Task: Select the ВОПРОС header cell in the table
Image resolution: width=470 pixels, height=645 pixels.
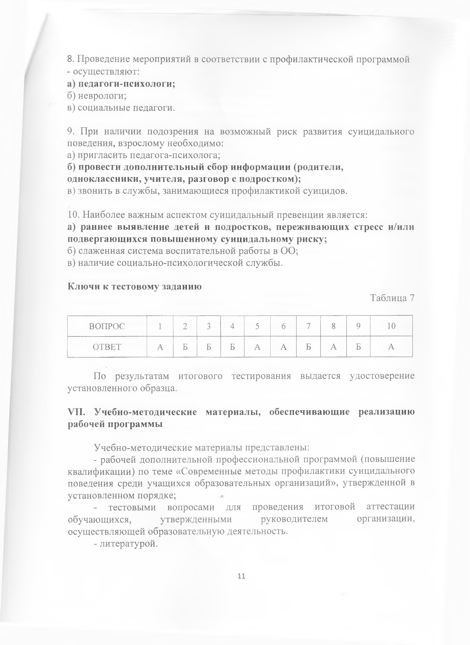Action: click(x=107, y=326)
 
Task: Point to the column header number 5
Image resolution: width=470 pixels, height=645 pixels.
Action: click(x=257, y=326)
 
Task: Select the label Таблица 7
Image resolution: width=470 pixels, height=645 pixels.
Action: click(x=392, y=298)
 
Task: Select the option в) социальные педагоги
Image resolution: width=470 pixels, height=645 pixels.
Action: click(x=121, y=108)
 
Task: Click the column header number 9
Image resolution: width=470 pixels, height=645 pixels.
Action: click(x=358, y=326)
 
